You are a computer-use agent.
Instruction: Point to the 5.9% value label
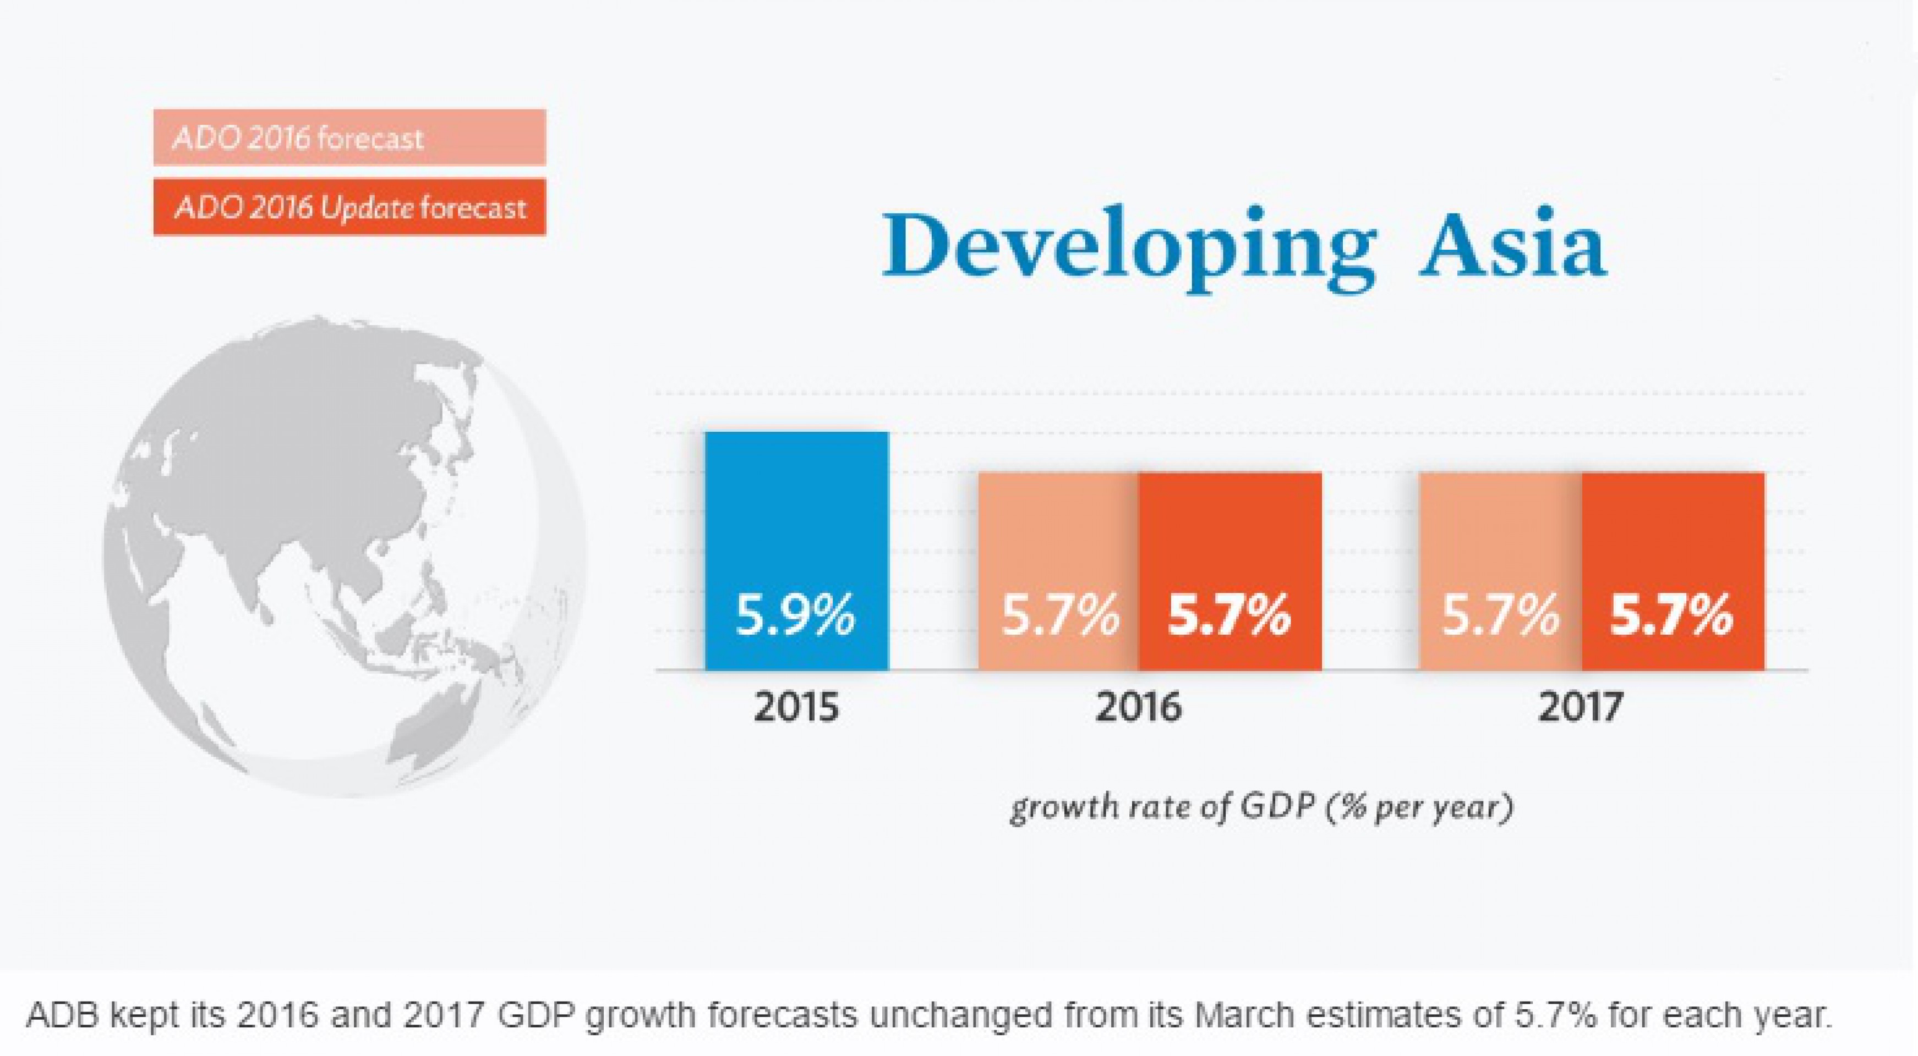[x=795, y=615]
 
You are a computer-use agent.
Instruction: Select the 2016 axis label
[x=1139, y=707]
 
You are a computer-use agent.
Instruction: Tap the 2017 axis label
[x=1580, y=707]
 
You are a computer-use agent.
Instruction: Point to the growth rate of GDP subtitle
[x=1261, y=807]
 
